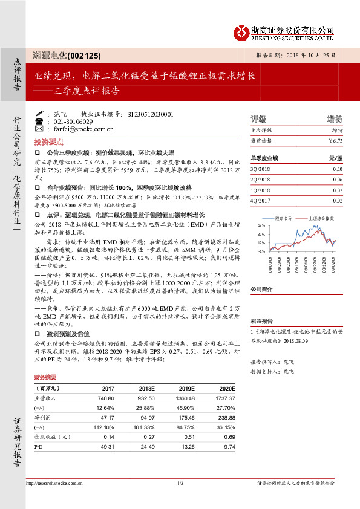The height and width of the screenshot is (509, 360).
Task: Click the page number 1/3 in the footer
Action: pyautogui.click(x=180, y=482)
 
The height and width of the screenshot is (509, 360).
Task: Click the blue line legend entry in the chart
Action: pyautogui.click(x=283, y=218)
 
